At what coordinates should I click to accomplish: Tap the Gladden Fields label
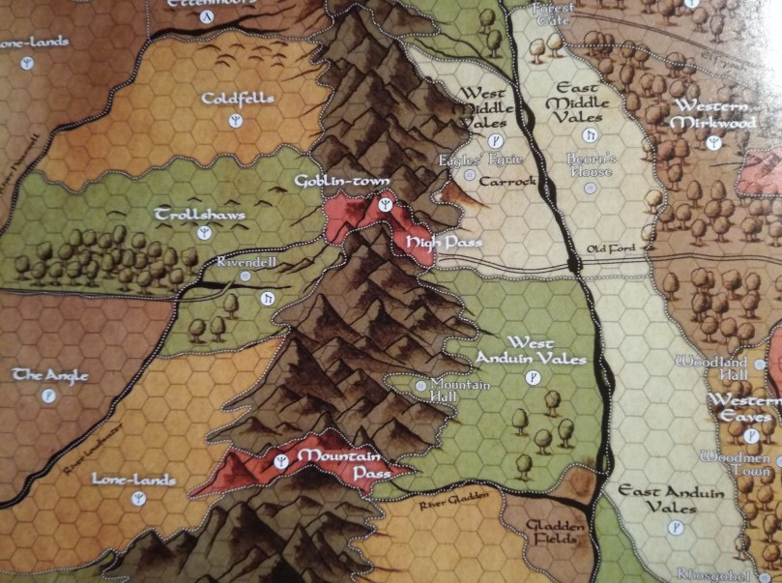[558, 533]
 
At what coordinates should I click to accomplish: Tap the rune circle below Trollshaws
[204, 234]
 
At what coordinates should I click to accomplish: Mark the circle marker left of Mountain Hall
[420, 385]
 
